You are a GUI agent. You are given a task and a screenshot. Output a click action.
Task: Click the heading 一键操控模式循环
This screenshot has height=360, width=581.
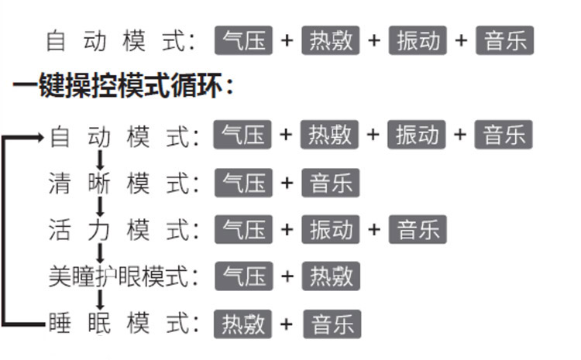point(122,86)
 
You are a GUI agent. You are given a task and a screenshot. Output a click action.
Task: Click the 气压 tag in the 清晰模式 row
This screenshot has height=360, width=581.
point(243,183)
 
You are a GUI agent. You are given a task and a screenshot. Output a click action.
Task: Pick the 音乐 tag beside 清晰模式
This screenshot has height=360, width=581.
point(331,183)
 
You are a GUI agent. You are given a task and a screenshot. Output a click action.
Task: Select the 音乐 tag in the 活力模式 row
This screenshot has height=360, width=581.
point(418,230)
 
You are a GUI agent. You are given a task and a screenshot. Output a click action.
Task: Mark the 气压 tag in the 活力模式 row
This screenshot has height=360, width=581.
point(243,230)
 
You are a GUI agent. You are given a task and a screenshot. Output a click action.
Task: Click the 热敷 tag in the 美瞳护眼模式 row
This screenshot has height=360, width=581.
point(331,276)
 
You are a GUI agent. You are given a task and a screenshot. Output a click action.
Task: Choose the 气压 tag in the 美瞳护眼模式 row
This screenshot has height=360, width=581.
point(243,276)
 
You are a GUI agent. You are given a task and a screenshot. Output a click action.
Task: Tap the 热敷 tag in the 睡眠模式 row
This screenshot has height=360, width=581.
point(243,324)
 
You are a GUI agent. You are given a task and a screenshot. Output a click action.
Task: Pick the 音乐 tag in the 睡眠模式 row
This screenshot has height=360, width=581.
point(332,324)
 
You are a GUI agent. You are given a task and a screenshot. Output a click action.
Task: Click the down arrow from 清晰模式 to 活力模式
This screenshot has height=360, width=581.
point(100,207)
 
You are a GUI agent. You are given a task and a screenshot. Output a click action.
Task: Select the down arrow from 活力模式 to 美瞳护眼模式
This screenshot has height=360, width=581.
point(100,253)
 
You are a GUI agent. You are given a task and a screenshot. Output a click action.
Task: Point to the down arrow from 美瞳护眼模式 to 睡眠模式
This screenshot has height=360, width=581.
point(100,300)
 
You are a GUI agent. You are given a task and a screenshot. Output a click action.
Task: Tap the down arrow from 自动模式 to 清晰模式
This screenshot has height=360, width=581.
point(100,160)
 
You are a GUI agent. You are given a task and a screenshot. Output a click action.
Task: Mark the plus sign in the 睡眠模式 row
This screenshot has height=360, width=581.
point(287,324)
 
